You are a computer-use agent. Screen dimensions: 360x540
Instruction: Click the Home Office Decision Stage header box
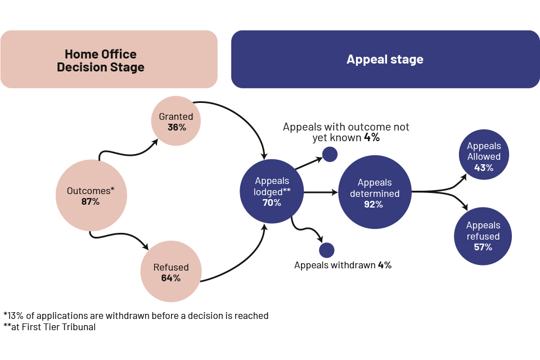[109, 60]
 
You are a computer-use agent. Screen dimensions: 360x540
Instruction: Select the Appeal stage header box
[385, 60]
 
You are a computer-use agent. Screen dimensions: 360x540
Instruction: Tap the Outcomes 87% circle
[91, 196]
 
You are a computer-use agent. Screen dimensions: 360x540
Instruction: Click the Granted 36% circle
[176, 121]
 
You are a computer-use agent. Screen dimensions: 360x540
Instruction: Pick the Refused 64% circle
[171, 272]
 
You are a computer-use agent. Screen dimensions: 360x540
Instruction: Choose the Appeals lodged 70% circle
[272, 191]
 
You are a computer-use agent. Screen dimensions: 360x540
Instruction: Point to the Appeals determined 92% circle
[374, 192]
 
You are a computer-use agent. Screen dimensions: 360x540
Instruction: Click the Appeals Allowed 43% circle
[484, 154]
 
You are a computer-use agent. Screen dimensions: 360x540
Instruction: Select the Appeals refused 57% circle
[483, 236]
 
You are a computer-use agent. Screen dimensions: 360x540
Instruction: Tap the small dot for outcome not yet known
[330, 154]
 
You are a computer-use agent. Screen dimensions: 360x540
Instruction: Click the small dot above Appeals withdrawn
[326, 250]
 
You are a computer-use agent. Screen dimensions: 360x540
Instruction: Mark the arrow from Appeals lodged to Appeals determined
[320, 192]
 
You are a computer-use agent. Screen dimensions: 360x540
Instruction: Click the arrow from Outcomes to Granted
[127, 149]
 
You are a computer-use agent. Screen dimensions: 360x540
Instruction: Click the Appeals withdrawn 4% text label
[343, 265]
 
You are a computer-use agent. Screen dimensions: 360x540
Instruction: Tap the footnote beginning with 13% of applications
[136, 316]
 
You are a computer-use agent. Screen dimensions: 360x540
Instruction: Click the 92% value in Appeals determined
[373, 205]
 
